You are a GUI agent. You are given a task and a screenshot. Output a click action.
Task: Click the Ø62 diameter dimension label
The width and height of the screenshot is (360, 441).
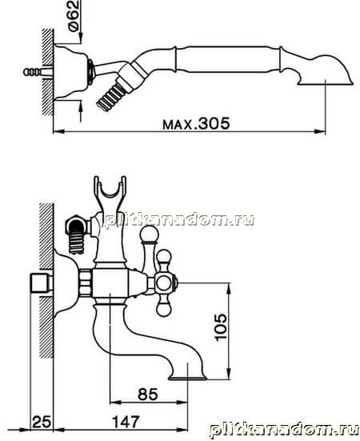[x=74, y=16]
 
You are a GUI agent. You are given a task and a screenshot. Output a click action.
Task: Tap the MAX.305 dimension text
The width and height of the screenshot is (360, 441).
[x=196, y=124]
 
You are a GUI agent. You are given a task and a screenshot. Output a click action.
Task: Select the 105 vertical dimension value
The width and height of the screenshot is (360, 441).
[x=221, y=327]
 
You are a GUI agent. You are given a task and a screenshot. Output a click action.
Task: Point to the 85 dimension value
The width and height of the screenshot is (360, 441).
[x=148, y=394]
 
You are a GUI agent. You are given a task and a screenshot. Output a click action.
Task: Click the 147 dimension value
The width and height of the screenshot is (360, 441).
[x=126, y=422]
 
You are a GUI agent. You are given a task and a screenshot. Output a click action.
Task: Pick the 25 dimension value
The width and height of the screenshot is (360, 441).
[x=42, y=422]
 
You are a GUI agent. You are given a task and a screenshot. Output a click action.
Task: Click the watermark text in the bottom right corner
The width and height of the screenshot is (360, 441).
[x=284, y=431]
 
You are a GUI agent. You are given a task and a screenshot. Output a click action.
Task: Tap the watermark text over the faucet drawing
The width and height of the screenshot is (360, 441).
[x=180, y=220]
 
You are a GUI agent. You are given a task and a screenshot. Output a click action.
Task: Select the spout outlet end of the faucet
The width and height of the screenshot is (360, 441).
[x=187, y=377]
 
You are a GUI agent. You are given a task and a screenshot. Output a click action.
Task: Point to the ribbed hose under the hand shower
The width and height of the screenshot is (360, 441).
[x=110, y=95]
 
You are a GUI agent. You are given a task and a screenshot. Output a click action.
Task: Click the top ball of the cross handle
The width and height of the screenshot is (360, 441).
[x=164, y=256]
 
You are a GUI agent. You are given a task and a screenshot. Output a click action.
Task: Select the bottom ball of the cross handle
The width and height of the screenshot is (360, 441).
[x=164, y=310]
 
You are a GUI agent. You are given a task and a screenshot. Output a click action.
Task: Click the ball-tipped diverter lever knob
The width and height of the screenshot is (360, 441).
[x=150, y=234]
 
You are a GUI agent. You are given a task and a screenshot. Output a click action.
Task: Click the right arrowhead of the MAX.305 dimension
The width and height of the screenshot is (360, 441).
[x=320, y=131]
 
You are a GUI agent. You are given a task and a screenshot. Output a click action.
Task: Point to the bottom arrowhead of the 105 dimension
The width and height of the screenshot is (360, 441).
[x=230, y=374]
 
